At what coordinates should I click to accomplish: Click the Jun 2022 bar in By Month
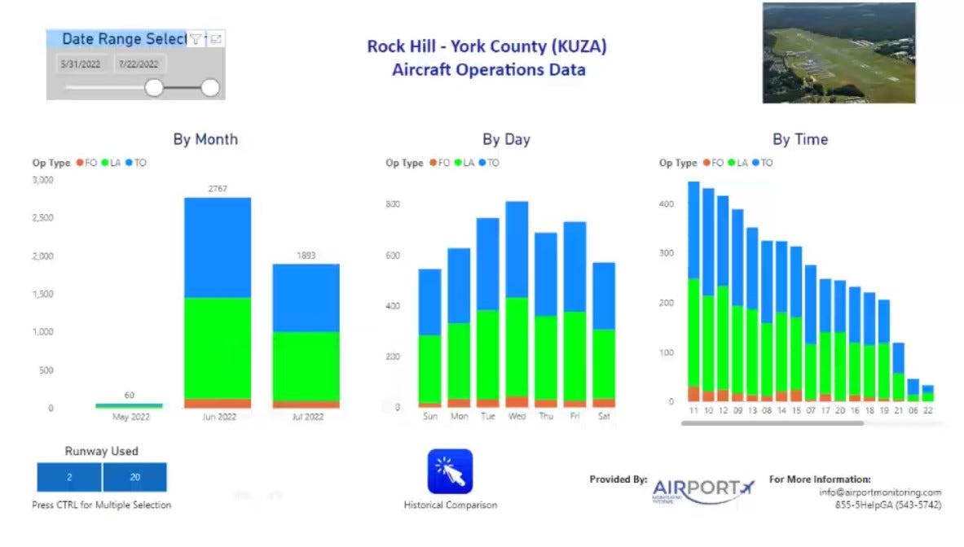[x=218, y=301]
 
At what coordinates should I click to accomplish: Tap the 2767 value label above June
[x=218, y=189]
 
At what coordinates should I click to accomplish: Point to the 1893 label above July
[x=306, y=256]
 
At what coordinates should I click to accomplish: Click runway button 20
[x=135, y=477]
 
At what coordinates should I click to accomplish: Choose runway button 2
[x=69, y=477]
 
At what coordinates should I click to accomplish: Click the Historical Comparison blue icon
[x=450, y=471]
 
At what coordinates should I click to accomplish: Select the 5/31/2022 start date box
[x=81, y=63]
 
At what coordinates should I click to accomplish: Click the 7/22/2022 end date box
[x=139, y=63]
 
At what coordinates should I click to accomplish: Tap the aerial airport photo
[x=839, y=53]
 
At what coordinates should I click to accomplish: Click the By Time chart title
[x=800, y=139]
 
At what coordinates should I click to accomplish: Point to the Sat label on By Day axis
[x=604, y=416]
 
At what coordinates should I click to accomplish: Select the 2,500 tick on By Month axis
[x=42, y=217]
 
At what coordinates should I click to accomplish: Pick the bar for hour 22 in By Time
[x=928, y=392]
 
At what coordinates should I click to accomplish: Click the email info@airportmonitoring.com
[x=880, y=492]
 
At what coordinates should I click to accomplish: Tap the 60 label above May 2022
[x=129, y=395]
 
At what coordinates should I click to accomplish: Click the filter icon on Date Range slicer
[x=196, y=38]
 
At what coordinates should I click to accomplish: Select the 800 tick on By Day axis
[x=393, y=203]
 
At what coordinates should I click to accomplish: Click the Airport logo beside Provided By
[x=703, y=489]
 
